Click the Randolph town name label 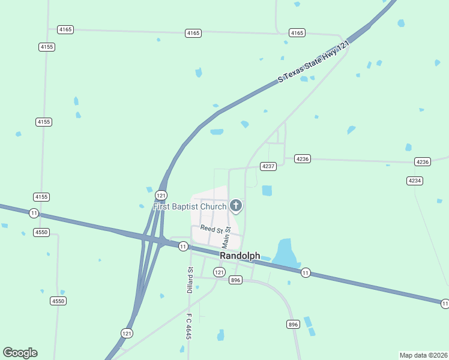point(240,256)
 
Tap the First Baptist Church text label point(190,207)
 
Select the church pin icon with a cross point(236,206)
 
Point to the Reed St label point(211,229)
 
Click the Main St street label point(226,238)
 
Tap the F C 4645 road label point(188,326)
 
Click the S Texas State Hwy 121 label point(313,62)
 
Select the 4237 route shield point(268,166)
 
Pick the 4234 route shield point(414,181)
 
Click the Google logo point(20,353)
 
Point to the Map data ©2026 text point(423,355)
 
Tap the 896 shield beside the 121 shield point(235,280)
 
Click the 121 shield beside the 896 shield point(220,272)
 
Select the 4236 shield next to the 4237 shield point(302,158)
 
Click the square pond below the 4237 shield point(267,191)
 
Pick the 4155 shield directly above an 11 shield point(41,197)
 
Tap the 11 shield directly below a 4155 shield point(34,213)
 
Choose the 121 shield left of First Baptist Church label point(161,195)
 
